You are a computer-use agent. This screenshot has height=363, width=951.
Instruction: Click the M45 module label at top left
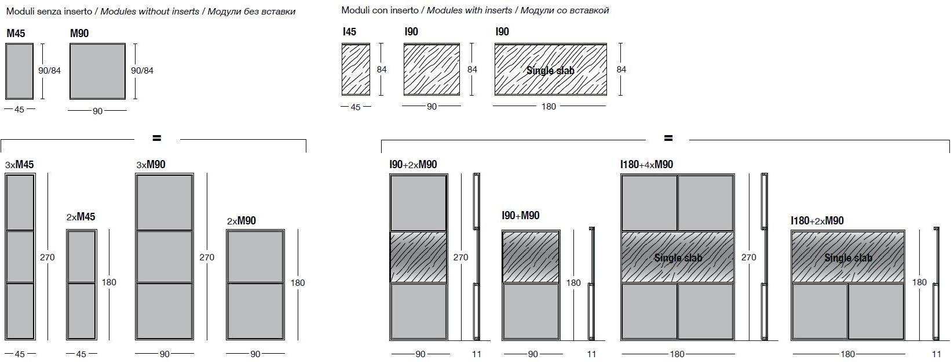(16, 34)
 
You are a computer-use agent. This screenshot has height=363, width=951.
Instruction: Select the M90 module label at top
(79, 34)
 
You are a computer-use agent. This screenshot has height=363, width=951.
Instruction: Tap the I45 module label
(349, 32)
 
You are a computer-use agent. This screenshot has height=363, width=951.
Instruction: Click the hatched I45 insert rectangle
(356, 69)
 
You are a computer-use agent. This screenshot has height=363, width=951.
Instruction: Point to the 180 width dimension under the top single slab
(548, 107)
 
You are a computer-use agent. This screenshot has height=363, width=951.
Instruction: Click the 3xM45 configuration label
(20, 165)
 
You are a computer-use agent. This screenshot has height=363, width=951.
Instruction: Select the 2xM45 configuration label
(81, 217)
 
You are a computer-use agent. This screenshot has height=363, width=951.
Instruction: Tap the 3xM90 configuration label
(151, 165)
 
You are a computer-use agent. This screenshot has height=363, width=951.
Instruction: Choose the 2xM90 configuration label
(242, 221)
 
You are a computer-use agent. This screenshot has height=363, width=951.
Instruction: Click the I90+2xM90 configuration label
(413, 165)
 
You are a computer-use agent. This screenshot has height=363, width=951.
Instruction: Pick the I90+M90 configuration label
(521, 216)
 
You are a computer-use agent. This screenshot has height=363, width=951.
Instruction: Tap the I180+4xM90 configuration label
(646, 165)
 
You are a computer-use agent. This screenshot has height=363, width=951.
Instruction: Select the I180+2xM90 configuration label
(817, 221)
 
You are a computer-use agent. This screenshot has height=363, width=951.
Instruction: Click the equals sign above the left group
(156, 138)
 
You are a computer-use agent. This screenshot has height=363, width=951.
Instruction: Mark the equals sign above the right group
(668, 138)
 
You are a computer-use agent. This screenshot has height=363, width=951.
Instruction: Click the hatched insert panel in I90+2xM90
(419, 257)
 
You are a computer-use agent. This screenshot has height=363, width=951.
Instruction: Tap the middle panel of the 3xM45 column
(20, 257)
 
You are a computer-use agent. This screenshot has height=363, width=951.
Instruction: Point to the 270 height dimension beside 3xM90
(207, 257)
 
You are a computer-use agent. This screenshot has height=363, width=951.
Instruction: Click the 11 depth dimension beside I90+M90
(591, 354)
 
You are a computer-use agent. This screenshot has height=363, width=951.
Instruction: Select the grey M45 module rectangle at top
(19, 71)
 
